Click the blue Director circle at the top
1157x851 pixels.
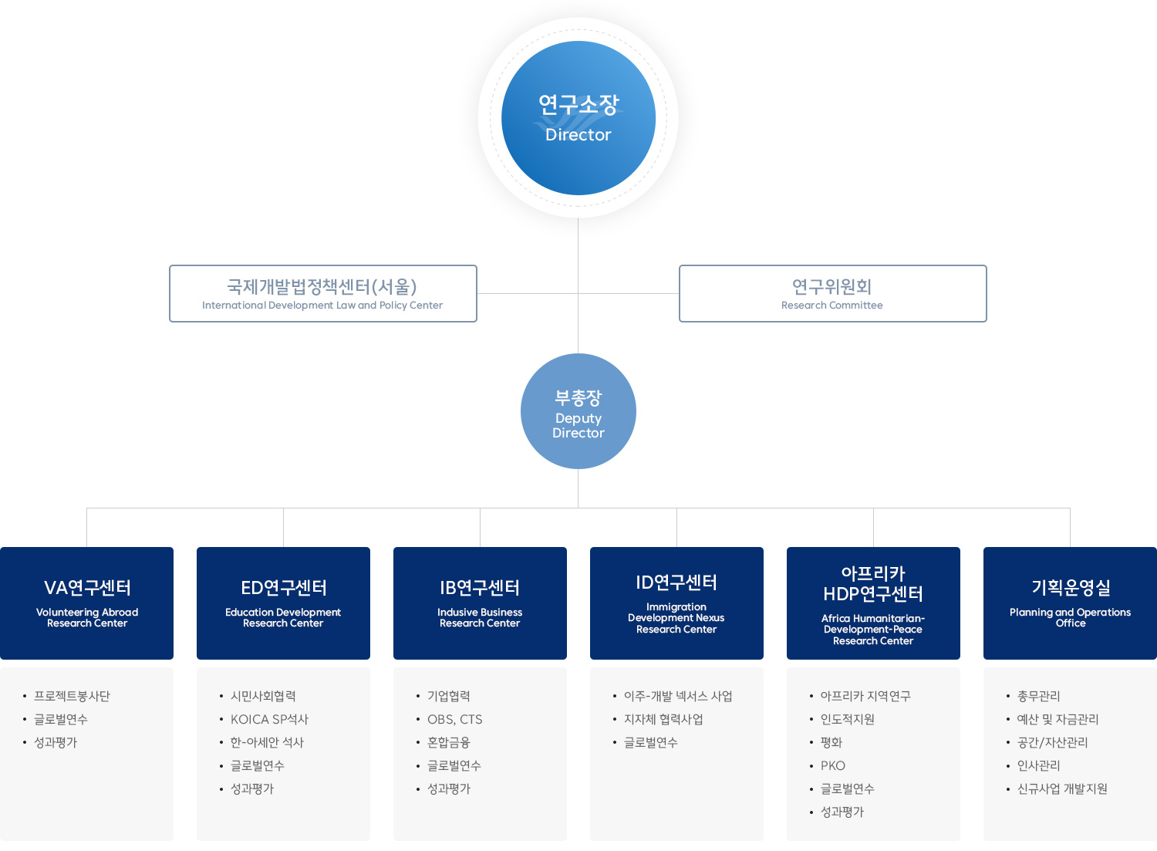578,118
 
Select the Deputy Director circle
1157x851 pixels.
578,411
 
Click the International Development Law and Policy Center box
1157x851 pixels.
323,294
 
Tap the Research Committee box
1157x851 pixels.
832,294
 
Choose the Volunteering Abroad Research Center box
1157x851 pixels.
87,603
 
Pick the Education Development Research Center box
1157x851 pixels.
283,603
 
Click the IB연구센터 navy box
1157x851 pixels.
480,603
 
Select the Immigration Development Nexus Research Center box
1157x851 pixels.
676,603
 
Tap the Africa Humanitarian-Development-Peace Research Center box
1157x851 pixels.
873,603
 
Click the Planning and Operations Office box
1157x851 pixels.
1070,603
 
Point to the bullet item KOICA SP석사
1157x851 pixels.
269,719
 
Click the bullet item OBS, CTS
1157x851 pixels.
454,719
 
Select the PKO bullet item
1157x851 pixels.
832,765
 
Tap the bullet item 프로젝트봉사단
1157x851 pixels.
72,696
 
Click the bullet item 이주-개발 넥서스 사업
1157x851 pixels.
678,696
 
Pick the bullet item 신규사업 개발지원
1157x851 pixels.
1062,789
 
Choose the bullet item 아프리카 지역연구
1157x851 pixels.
865,696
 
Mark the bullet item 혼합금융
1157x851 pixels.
448,742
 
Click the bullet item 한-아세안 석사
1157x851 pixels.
267,742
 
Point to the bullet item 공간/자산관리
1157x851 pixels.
1052,742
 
